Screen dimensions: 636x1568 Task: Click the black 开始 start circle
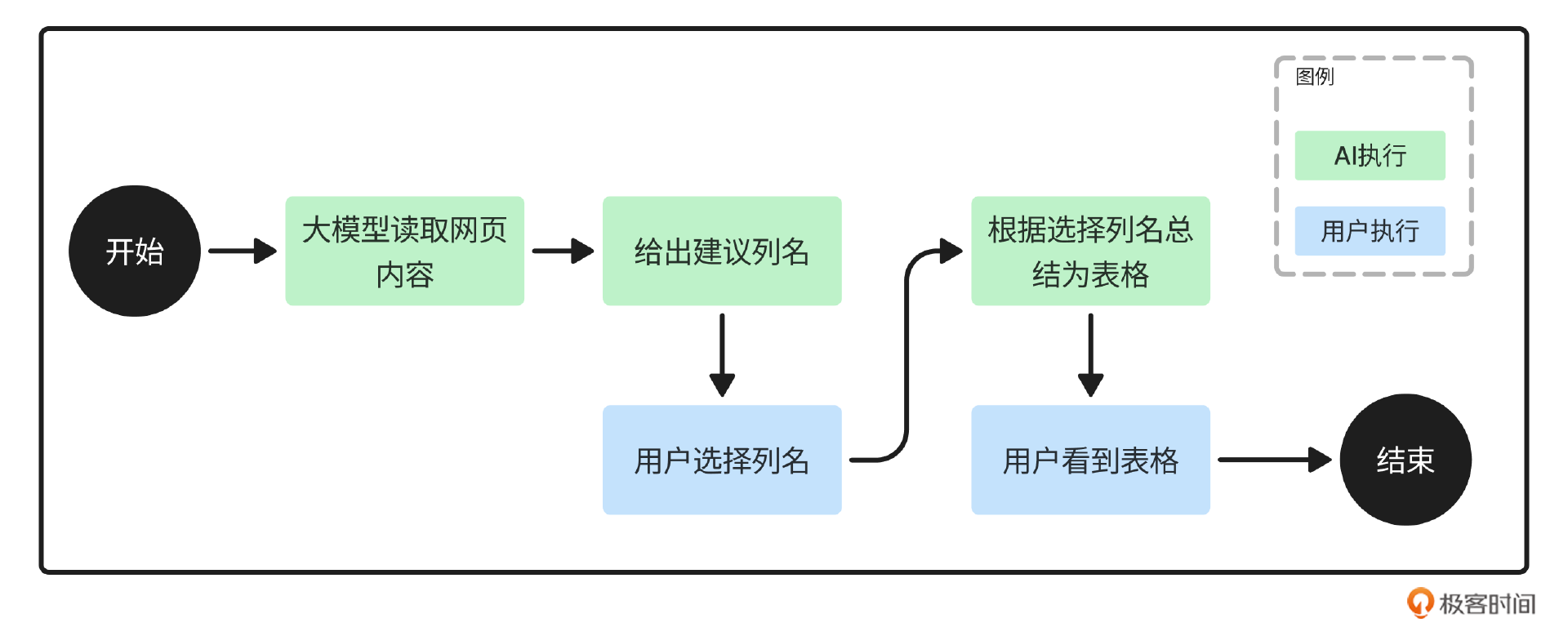click(135, 251)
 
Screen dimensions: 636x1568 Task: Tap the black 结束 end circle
click(1405, 460)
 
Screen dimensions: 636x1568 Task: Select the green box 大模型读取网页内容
click(404, 251)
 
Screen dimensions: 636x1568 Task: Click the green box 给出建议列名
click(722, 251)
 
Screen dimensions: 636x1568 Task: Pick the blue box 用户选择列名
click(722, 460)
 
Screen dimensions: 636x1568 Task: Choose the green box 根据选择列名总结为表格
click(1090, 251)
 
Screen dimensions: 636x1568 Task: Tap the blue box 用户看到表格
click(1090, 460)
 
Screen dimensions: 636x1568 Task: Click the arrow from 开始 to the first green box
click(242, 251)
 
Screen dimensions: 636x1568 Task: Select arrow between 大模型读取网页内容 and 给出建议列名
click(562, 251)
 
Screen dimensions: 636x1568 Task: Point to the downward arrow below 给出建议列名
click(722, 354)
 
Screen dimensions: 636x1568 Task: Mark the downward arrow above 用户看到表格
click(1090, 354)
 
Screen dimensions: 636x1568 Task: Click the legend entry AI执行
click(1370, 155)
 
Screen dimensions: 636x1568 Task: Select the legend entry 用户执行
click(1370, 231)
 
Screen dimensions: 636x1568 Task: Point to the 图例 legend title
click(1314, 77)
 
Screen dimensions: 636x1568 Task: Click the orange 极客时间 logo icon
click(1419, 603)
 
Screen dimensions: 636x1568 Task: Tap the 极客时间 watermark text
click(1486, 604)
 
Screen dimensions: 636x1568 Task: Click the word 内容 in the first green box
click(404, 275)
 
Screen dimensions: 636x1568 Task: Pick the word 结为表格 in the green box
click(1090, 275)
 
